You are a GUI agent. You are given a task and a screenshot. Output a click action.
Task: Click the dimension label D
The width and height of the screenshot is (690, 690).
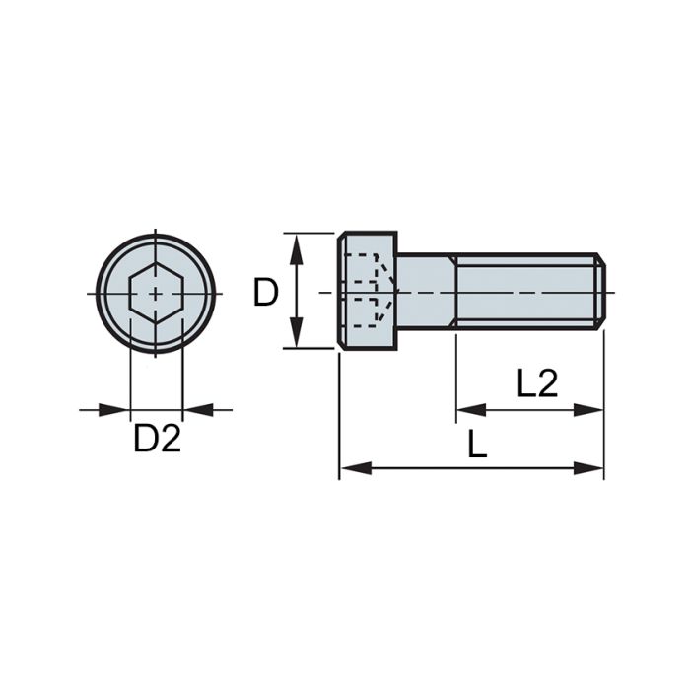(x=266, y=292)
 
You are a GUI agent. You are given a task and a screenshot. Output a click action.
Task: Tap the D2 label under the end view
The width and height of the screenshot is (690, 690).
(x=158, y=439)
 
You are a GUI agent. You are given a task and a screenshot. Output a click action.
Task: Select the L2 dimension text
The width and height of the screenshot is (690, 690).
(x=538, y=382)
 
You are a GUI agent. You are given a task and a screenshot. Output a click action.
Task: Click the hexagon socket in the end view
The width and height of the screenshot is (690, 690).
(x=156, y=294)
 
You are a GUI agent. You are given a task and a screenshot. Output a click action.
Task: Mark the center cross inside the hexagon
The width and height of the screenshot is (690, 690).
(x=156, y=294)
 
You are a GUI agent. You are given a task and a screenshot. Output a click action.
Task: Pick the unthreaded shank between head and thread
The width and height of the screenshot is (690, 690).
(x=424, y=292)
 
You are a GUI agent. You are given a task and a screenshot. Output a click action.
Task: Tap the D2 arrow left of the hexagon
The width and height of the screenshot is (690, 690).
(x=118, y=409)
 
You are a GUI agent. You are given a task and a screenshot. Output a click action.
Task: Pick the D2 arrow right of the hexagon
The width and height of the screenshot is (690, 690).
(x=194, y=409)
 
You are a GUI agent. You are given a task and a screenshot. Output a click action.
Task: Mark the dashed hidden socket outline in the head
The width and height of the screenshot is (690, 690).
(x=366, y=290)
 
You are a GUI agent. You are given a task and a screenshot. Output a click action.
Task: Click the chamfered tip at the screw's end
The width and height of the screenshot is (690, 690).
(x=600, y=292)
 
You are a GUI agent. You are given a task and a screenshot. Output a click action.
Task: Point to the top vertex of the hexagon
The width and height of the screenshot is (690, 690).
(x=156, y=264)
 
